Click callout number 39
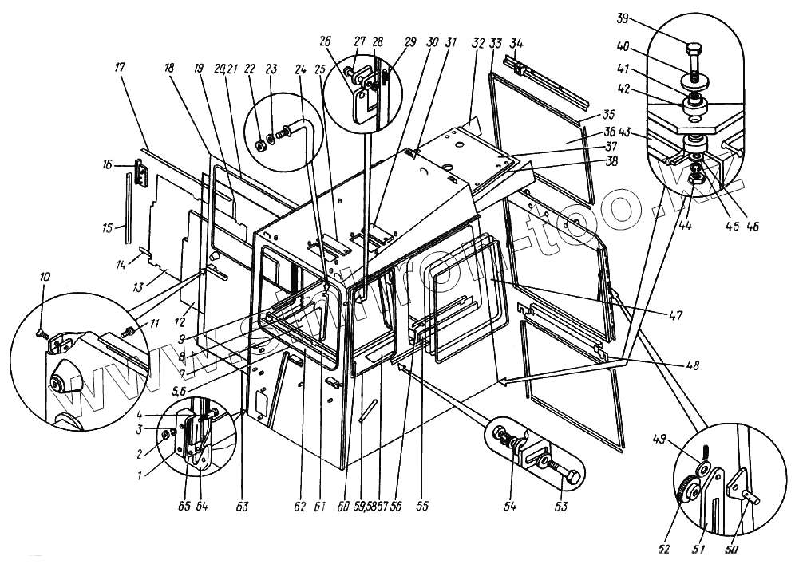coord(623,20)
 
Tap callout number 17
coord(121,69)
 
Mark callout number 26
coord(324,41)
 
